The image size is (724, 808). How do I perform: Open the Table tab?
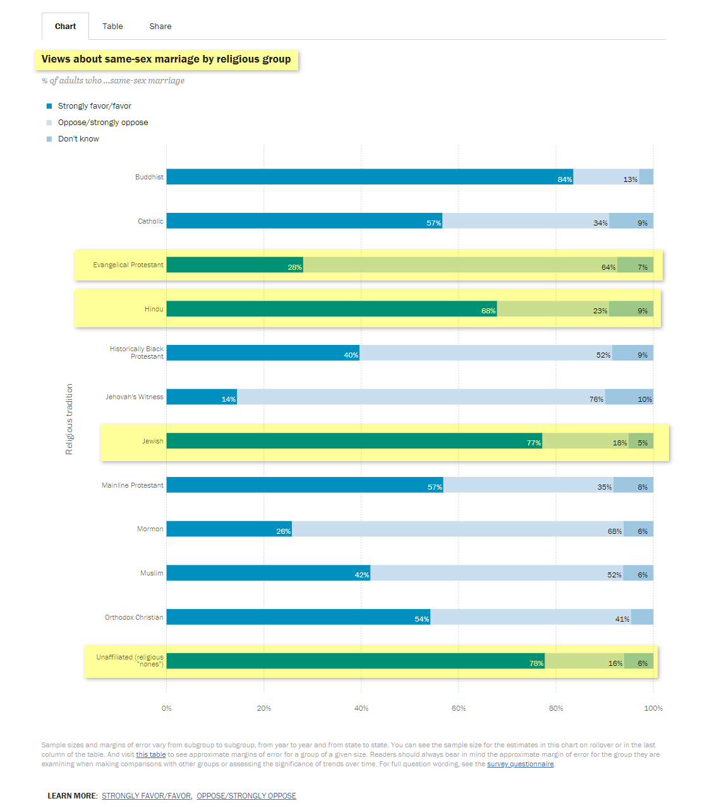(x=112, y=27)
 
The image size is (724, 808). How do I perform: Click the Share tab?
(x=160, y=27)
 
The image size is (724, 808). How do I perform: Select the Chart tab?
(x=65, y=27)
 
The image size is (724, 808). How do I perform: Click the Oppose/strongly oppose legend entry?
(x=103, y=123)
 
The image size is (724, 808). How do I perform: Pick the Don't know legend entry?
(x=78, y=139)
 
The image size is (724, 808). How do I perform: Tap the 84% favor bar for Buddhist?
(x=370, y=177)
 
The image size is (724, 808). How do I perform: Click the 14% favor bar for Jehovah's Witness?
(x=202, y=397)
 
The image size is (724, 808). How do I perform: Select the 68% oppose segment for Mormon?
(x=457, y=529)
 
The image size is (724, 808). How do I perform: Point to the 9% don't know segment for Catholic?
(x=631, y=221)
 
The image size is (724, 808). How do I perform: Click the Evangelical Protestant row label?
(x=128, y=265)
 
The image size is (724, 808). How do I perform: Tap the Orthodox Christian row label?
(x=134, y=617)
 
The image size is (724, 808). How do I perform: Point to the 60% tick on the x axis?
(x=459, y=708)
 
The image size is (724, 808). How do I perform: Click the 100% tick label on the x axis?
(x=653, y=708)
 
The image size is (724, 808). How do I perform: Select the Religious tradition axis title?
(x=69, y=419)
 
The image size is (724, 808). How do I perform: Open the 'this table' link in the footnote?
(x=151, y=754)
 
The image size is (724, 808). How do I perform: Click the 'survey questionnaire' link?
(x=520, y=764)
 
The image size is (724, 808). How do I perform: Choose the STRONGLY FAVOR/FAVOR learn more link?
(x=147, y=796)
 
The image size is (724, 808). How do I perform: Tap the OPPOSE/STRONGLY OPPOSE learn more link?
(x=246, y=796)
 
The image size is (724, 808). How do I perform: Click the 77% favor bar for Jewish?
(x=354, y=441)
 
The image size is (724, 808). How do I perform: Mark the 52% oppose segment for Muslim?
(x=497, y=573)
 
